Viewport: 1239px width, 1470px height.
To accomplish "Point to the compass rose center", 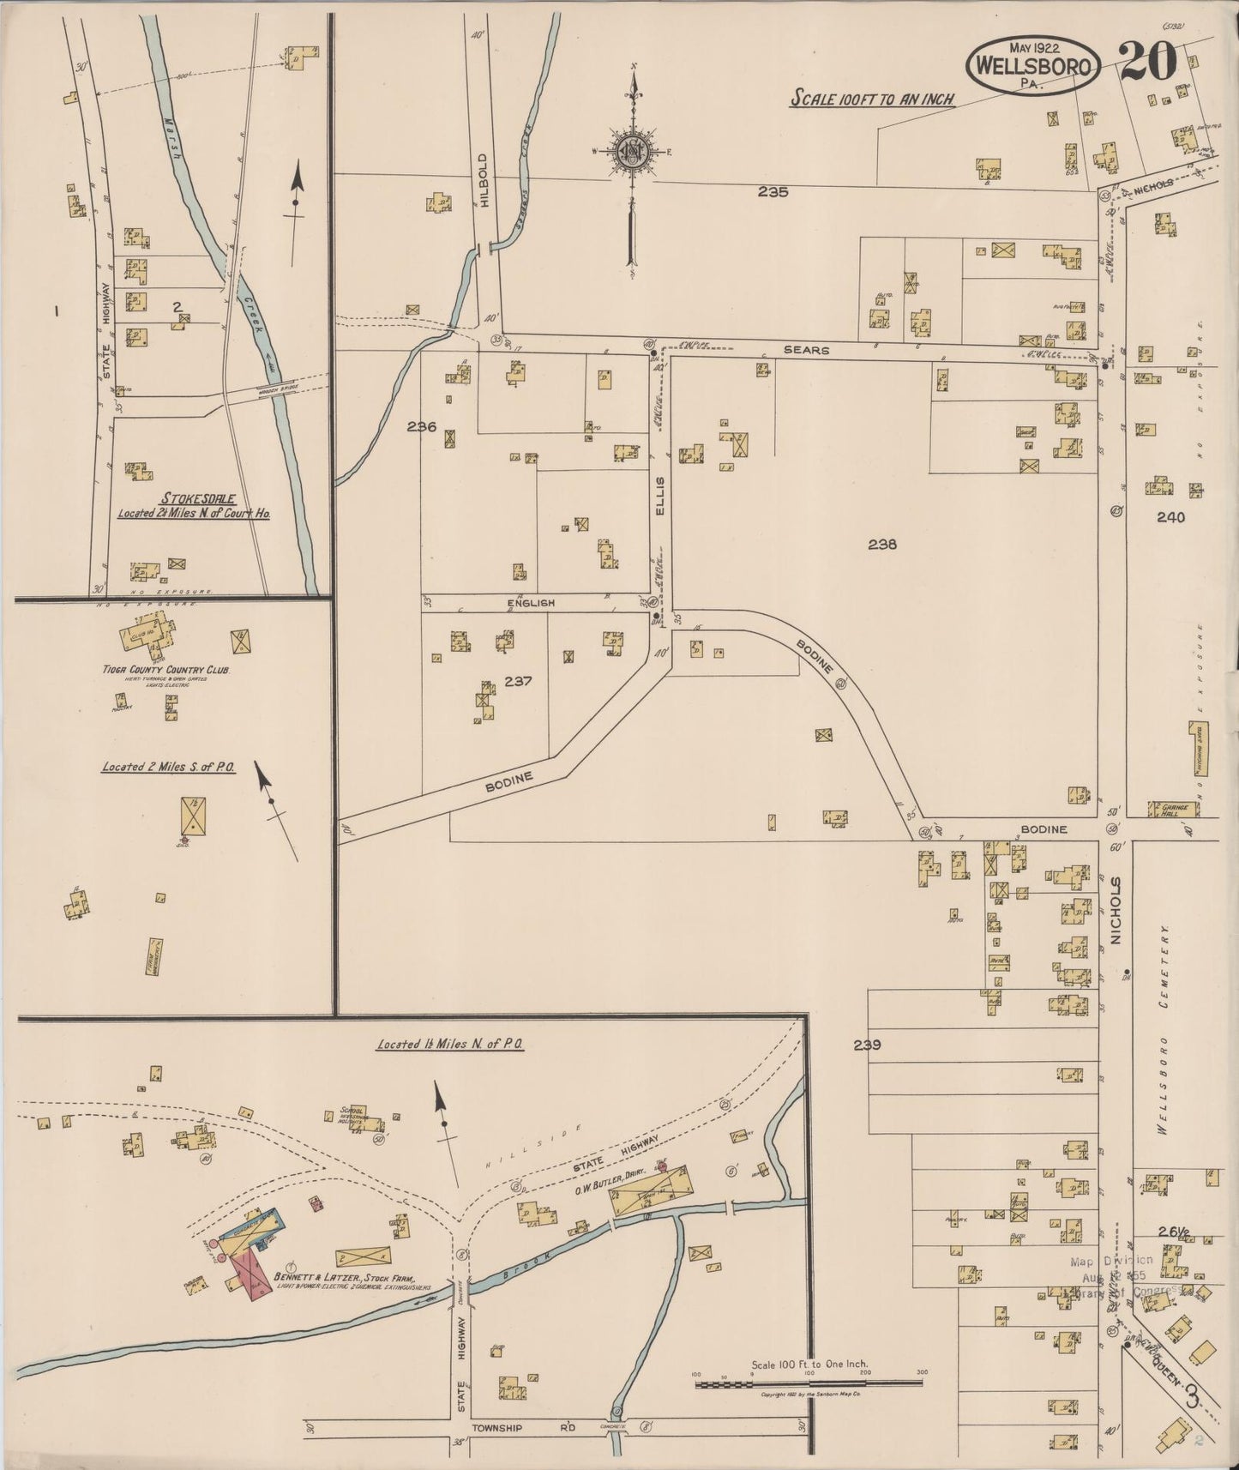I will (x=633, y=153).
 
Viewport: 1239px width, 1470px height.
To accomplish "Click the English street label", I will (x=532, y=603).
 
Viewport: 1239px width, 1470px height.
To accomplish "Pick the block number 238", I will (x=881, y=543).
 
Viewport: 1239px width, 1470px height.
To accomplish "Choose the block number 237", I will (x=519, y=682).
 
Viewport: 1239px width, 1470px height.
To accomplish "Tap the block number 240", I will (x=1170, y=517).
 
